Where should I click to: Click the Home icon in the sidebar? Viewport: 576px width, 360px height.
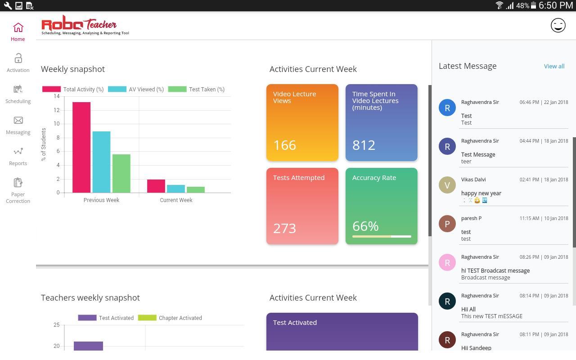pos(18,28)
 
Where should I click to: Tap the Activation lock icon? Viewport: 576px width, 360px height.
pos(18,58)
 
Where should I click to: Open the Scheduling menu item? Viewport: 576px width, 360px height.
pos(18,90)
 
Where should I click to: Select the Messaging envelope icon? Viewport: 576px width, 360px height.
pos(18,121)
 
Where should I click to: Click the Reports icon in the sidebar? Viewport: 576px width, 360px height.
pos(18,152)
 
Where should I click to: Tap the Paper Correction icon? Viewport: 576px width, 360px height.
pos(18,183)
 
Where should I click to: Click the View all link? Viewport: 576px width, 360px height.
pos(554,66)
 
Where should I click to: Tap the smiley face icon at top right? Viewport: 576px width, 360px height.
pos(558,25)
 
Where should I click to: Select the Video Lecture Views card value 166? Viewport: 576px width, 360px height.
pos(284,145)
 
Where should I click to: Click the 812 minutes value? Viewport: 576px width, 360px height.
pos(364,145)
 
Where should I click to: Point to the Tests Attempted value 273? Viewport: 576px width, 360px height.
pos(284,228)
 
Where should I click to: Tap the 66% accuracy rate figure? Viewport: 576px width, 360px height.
pos(365,226)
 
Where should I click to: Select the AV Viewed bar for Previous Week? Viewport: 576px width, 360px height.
pos(101,162)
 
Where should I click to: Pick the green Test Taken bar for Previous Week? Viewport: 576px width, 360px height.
pos(121,174)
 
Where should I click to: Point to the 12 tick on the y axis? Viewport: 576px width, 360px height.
pos(56,110)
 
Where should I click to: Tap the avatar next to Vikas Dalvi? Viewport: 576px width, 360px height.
pos(447,185)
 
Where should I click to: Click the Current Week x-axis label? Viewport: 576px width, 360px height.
pos(176,200)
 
